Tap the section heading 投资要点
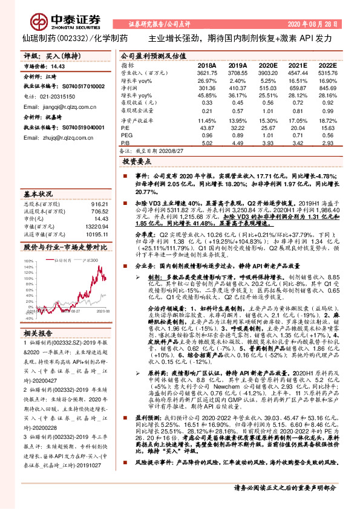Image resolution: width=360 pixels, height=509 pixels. pyautogui.click(x=136, y=163)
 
